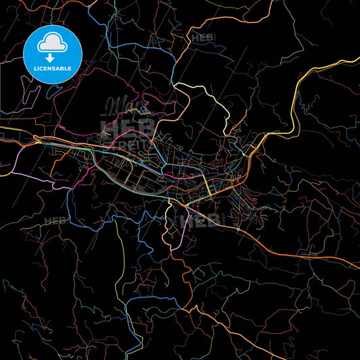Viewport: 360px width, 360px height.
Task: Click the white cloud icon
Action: pyautogui.click(x=53, y=43)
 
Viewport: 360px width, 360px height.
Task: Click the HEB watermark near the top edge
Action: pyautogui.click(x=202, y=38)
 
